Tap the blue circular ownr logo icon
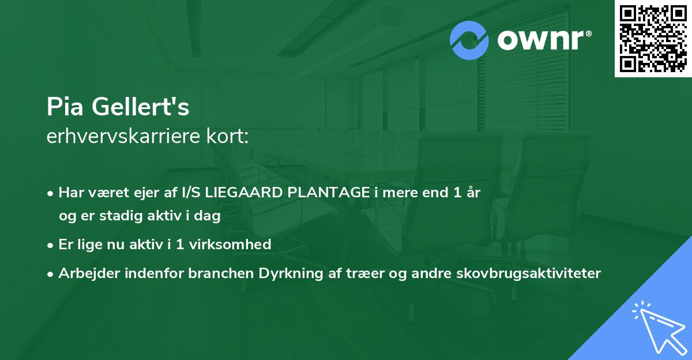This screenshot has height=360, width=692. click(470, 40)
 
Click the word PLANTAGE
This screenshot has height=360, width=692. click(324, 193)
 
